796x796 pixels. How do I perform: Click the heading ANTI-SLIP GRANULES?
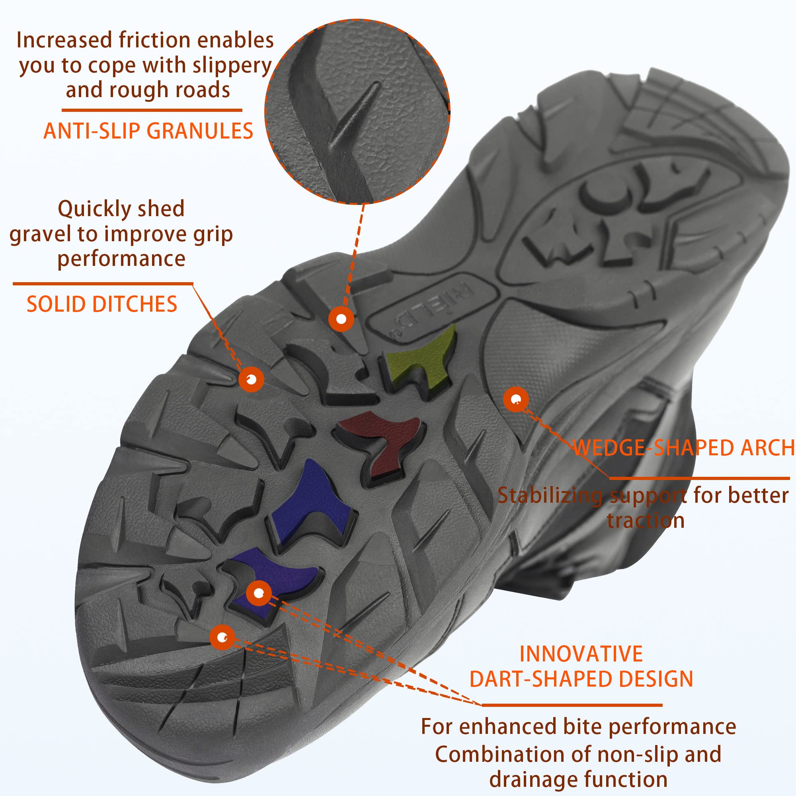pos(148,131)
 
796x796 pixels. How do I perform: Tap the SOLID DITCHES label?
pos(102,304)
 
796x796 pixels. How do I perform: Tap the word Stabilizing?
pos(550,496)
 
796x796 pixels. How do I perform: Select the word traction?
pos(646,521)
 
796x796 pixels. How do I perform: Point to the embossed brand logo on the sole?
pos(433,309)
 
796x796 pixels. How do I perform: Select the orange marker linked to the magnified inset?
pos(341,319)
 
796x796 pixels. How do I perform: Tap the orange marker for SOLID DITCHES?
pos(251,378)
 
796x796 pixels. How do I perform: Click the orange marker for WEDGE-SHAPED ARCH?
pos(515,399)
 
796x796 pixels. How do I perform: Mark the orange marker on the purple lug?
pos(258,593)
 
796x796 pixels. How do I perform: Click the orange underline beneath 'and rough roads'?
pos(152,110)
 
